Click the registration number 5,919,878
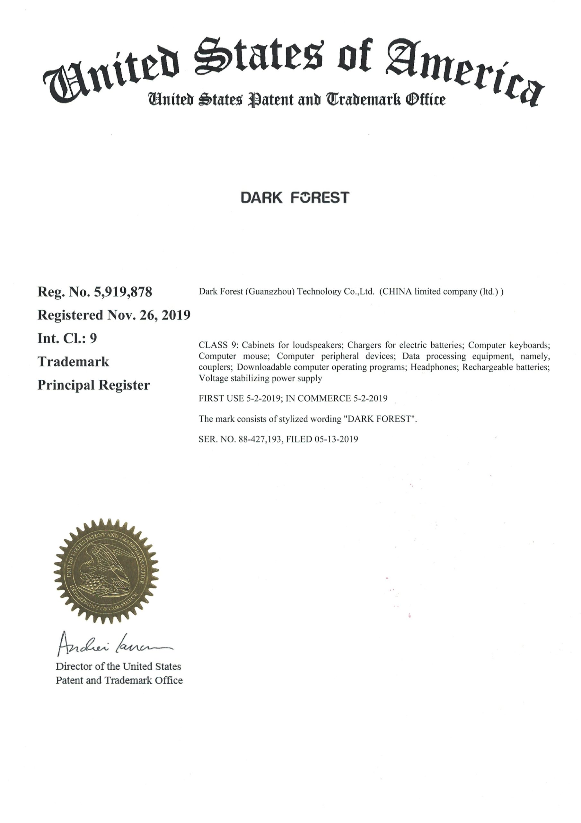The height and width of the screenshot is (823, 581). point(123,292)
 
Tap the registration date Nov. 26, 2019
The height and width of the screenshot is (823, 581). point(149,315)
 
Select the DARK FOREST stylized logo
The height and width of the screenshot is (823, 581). point(295,197)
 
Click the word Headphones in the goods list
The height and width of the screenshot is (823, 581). point(434,367)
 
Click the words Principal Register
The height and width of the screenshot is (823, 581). point(93,385)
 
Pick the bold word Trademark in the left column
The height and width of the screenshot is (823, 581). point(73,362)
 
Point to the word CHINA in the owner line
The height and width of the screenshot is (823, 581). point(395,292)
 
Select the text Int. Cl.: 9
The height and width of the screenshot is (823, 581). point(67,339)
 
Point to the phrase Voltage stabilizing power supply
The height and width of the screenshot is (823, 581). point(260,378)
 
